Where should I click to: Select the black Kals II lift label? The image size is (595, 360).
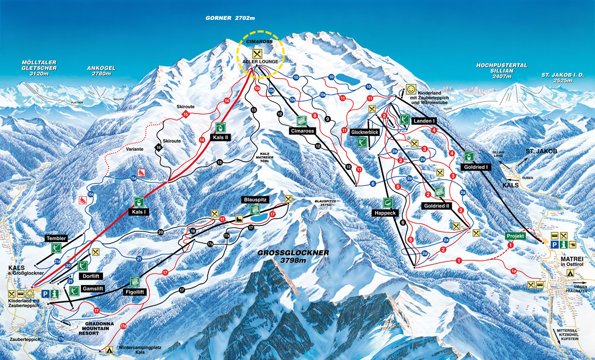point(222,137)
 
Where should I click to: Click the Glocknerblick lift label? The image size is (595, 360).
point(364,133)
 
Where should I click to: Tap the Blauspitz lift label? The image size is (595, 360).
point(255,199)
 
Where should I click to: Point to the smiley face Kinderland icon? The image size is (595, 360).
point(411,89)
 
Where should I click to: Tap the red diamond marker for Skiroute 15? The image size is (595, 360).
point(186,115)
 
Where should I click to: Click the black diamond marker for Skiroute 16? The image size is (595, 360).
point(159,148)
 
